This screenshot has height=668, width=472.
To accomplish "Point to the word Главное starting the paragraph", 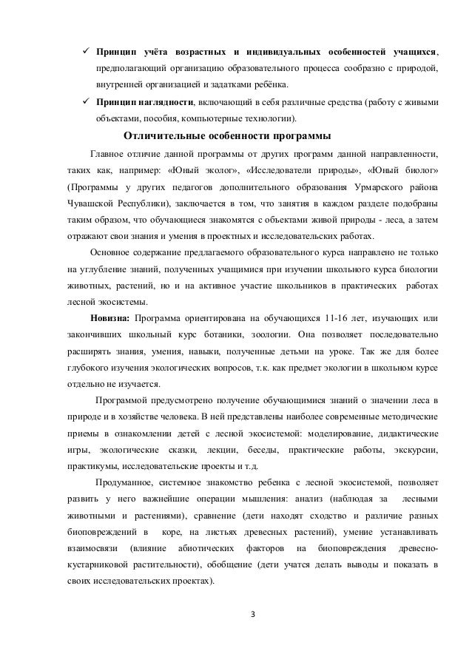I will [109, 154].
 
